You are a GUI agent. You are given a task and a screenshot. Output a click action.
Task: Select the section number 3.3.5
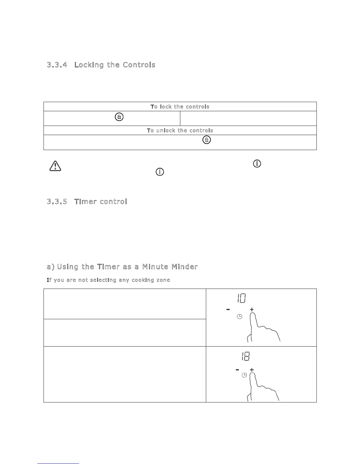[57, 202]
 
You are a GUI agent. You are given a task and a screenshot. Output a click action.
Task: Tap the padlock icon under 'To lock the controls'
[119, 117]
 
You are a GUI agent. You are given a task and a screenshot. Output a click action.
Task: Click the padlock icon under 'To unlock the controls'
[206, 140]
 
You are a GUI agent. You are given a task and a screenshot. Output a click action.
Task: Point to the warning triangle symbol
[55, 166]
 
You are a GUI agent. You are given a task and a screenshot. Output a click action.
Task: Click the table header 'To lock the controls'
[180, 106]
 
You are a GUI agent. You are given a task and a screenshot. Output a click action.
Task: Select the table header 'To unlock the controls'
[180, 130]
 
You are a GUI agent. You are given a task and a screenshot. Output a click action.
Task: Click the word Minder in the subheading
[185, 267]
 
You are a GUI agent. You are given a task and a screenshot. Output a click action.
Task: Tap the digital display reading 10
[241, 299]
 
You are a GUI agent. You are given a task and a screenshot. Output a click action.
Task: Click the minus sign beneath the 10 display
[228, 309]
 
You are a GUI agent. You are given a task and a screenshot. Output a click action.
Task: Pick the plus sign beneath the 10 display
[251, 309]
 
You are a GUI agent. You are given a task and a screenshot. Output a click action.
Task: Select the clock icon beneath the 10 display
[240, 317]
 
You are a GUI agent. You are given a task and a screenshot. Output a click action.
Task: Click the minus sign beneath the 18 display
[237, 370]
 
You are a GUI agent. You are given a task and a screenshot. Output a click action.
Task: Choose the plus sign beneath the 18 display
[252, 370]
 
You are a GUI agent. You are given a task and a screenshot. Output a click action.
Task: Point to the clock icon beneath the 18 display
[244, 375]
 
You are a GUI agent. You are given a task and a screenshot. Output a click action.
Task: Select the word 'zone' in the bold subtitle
[164, 280]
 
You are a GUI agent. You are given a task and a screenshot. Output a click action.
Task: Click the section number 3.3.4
[57, 65]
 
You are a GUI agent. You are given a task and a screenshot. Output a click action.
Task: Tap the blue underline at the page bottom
[58, 463]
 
